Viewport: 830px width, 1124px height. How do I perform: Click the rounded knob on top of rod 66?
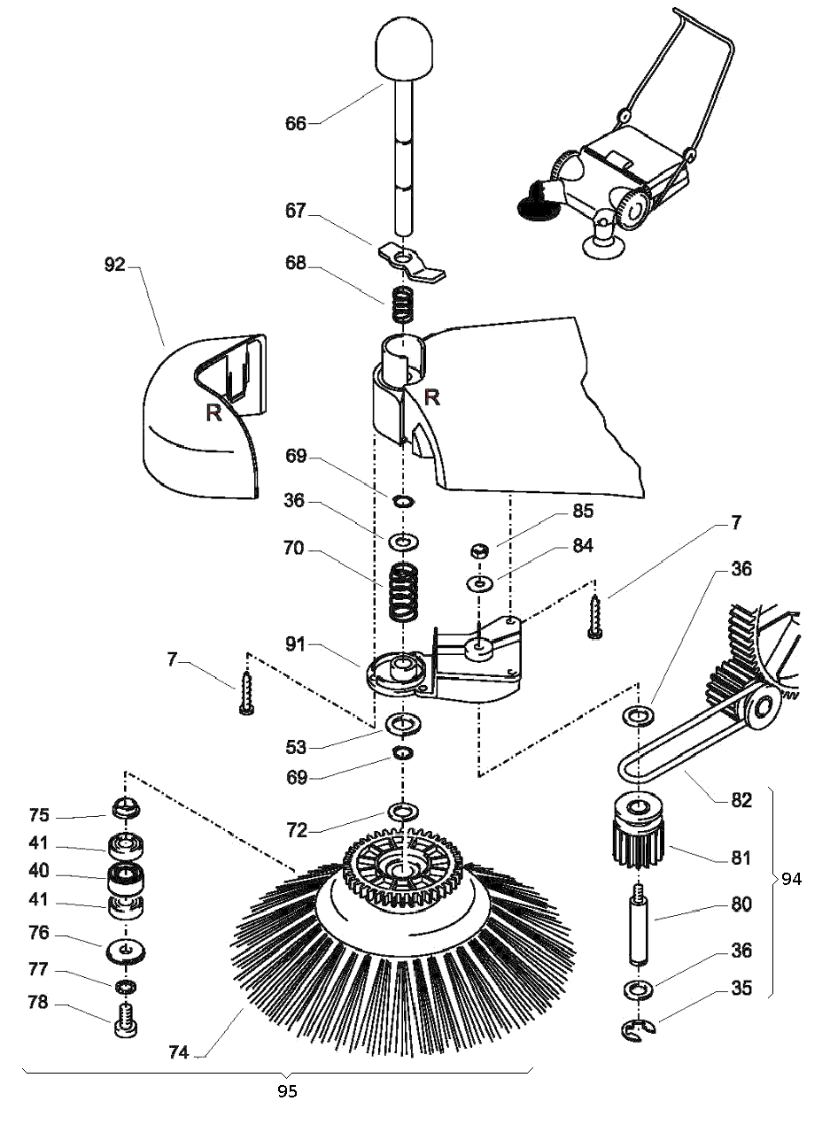(x=403, y=50)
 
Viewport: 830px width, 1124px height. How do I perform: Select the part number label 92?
(x=115, y=264)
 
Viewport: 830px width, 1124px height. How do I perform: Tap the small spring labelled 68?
(x=403, y=305)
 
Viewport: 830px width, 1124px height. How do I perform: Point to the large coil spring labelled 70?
(x=404, y=591)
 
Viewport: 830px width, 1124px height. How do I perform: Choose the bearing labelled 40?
(x=126, y=879)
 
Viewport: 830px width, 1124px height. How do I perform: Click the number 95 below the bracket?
(x=286, y=1091)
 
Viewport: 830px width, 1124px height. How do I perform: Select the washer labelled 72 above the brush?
(x=403, y=811)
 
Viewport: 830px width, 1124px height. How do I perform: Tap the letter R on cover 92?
(x=213, y=412)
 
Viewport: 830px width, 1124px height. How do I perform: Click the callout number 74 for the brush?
(x=180, y=1052)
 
